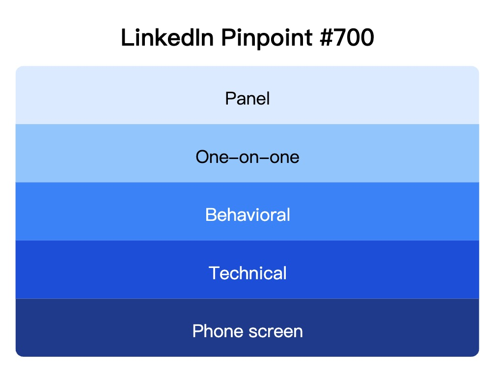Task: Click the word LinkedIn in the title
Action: [166, 38]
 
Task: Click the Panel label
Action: [247, 99]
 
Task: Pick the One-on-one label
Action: [247, 157]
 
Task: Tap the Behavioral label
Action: [247, 215]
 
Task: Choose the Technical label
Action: [247, 273]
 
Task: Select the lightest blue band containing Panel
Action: [98, 96]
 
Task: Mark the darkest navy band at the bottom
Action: [98, 328]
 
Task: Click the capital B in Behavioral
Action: [211, 215]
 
